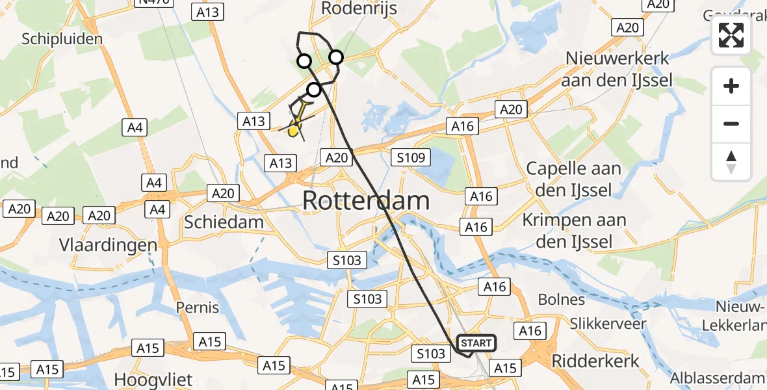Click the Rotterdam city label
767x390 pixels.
pos(366,201)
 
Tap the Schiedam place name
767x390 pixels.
pos(224,222)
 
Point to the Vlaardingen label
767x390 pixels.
pos(108,246)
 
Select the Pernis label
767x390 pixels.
pos(198,306)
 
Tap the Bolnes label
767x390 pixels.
pos(562,300)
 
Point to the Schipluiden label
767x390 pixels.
pos(62,39)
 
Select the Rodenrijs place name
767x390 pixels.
pos(359,8)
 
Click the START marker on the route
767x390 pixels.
pos(476,343)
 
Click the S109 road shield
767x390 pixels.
pos(412,157)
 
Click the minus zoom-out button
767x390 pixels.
pos(731,123)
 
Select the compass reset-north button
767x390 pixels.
pos(731,161)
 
